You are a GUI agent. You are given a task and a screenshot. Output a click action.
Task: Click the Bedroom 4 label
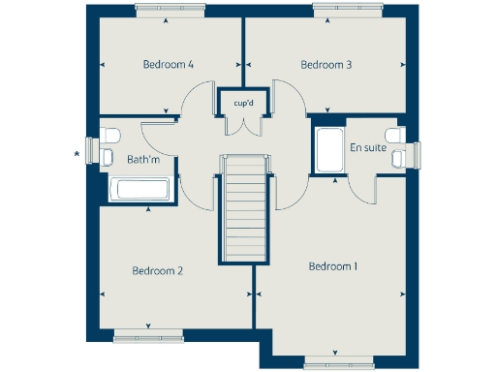(x=169, y=65)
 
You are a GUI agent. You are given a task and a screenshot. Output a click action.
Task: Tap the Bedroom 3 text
(x=325, y=65)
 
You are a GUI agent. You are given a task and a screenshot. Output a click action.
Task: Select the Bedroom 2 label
(x=157, y=271)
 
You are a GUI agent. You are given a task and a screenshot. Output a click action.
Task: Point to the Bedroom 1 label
(x=333, y=265)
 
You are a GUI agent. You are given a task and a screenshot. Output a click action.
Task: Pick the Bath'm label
(x=143, y=159)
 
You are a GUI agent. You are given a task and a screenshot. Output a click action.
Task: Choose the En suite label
(x=367, y=148)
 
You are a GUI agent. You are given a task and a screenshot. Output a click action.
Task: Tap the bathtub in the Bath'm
(x=140, y=191)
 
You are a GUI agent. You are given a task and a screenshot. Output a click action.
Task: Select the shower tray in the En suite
(x=328, y=149)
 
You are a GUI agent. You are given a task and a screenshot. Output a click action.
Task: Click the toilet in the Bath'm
(x=109, y=134)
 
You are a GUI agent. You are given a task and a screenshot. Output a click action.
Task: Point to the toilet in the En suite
(x=393, y=134)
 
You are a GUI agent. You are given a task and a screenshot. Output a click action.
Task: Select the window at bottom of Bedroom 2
(x=147, y=337)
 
